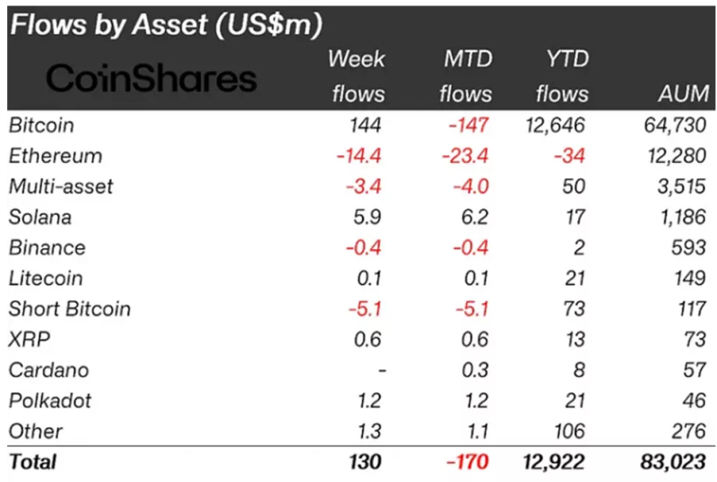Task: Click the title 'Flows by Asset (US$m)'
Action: [x=165, y=25]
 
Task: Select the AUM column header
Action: [x=682, y=92]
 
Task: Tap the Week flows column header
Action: [x=357, y=76]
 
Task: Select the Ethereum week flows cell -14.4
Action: [x=359, y=155]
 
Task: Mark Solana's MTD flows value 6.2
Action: [x=475, y=217]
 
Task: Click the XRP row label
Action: [x=28, y=340]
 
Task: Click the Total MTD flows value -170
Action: [x=469, y=462]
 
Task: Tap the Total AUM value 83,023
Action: [x=674, y=462]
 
